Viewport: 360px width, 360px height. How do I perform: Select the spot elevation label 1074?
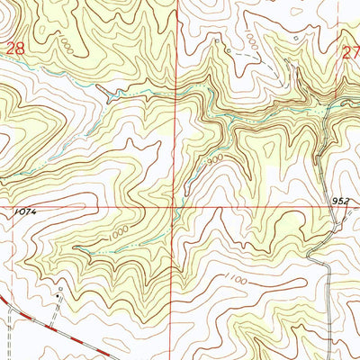point(26,211)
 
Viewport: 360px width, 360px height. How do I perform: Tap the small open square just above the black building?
point(59,289)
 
